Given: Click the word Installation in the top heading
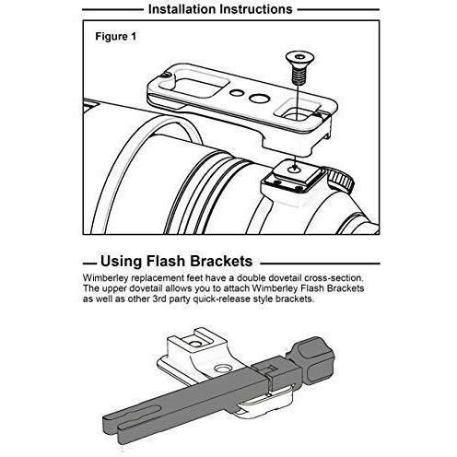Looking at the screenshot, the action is coord(182,9).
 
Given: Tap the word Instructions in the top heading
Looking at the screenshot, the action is coord(256,9).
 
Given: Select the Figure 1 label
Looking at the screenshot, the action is coord(115,37).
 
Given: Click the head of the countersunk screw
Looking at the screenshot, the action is coord(297,57).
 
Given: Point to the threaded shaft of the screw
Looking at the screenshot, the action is coord(296,75).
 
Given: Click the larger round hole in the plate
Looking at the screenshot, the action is coord(259,99).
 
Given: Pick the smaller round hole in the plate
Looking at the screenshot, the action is coord(236,92).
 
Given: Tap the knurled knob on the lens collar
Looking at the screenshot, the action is coord(340,181).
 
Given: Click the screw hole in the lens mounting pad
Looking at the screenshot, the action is coord(295,169).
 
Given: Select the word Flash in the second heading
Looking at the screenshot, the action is coord(165,262).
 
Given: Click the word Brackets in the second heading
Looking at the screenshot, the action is coord(221,262).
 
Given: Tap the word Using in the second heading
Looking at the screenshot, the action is coord(121,262).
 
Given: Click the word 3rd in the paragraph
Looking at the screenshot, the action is coord(159,299).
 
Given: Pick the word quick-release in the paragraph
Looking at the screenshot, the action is coord(221,299).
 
